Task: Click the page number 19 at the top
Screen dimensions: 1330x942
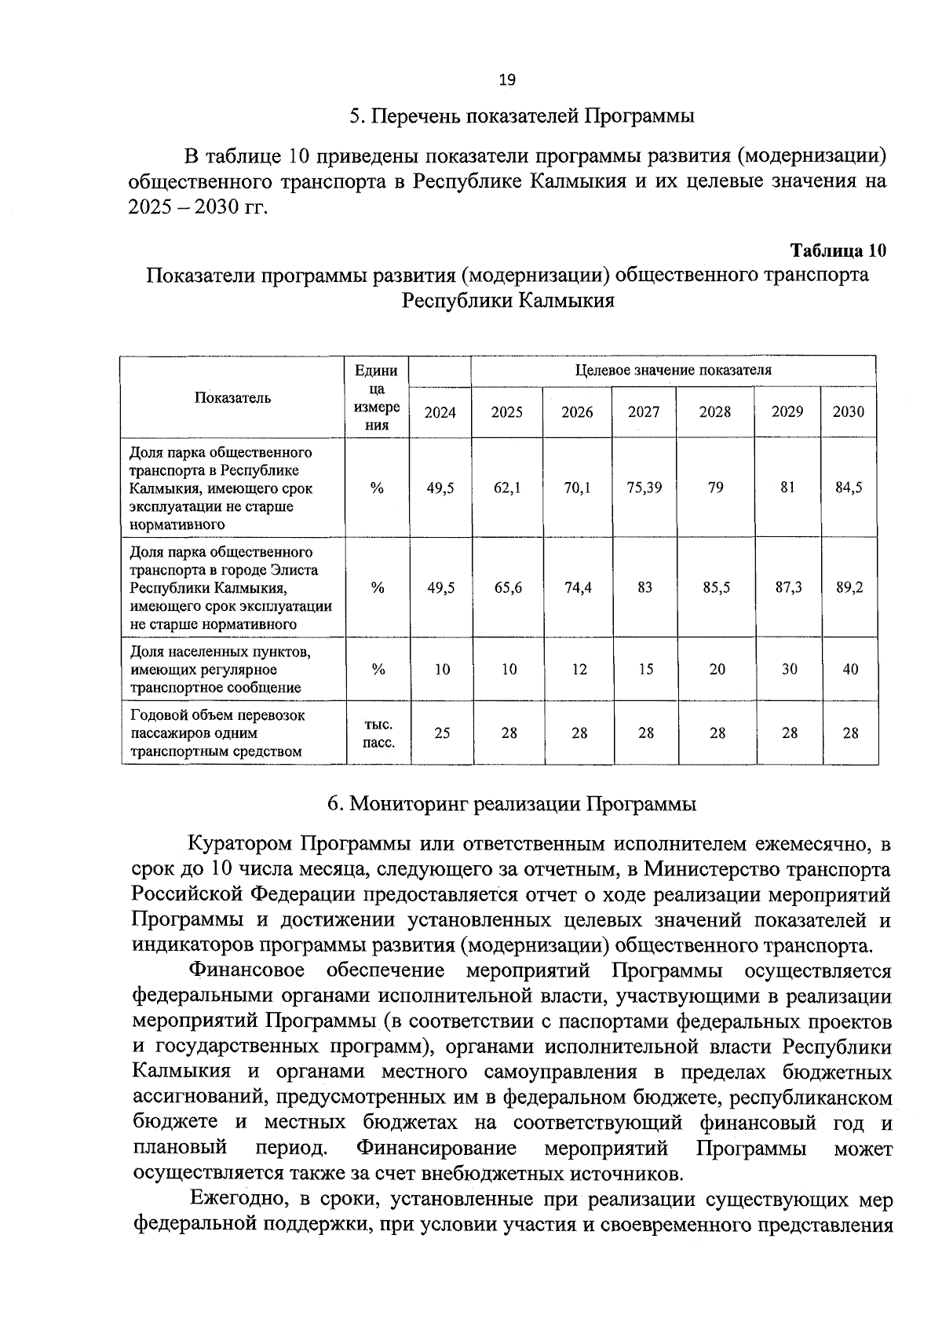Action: [507, 79]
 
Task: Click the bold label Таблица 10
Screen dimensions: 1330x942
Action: [838, 251]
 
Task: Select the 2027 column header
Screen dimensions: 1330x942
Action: [644, 411]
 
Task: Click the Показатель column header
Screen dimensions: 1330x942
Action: [232, 397]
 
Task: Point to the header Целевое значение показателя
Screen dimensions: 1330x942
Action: [673, 370]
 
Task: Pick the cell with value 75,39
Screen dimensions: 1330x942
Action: [644, 488]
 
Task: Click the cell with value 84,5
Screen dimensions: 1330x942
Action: [849, 488]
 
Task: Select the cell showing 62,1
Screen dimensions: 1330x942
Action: [507, 488]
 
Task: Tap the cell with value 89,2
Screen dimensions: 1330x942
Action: [849, 587]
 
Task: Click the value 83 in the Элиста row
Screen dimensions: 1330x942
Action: [644, 587]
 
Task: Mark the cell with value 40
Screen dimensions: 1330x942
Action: [850, 670]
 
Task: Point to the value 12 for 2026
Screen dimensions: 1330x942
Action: [579, 670]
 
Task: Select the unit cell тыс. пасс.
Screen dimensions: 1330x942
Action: [378, 733]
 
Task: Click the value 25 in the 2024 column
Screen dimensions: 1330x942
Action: [442, 733]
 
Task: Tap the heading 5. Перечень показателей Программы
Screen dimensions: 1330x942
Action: [522, 117]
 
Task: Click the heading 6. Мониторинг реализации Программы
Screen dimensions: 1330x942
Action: [511, 804]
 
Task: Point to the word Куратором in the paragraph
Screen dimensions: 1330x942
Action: [241, 845]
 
